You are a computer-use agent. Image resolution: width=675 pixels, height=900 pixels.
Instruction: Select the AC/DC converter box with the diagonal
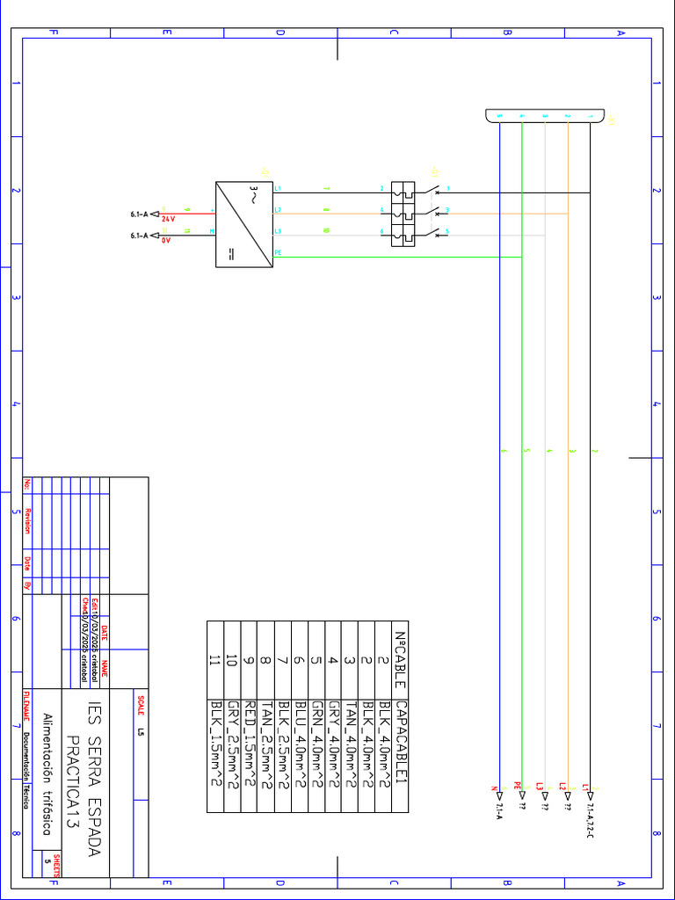[243, 224]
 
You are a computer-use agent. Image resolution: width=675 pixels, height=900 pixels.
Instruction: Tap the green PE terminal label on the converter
[279, 251]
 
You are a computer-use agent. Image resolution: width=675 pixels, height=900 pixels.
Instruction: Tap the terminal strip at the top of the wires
[545, 116]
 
